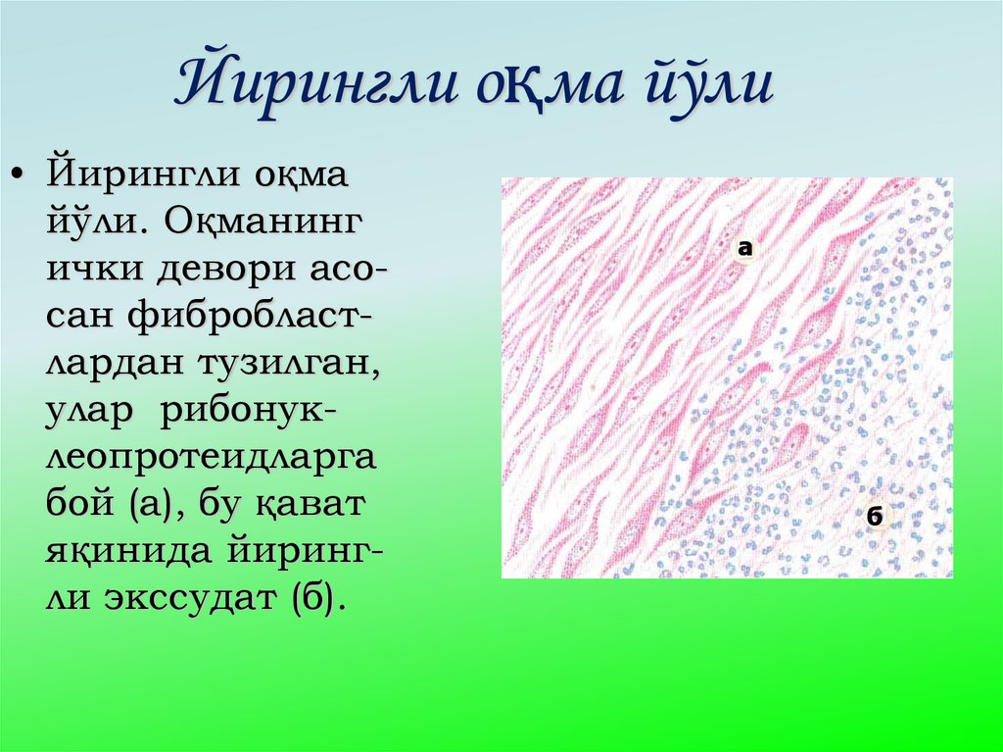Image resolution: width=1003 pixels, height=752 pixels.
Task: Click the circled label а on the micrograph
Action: [x=745, y=248]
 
